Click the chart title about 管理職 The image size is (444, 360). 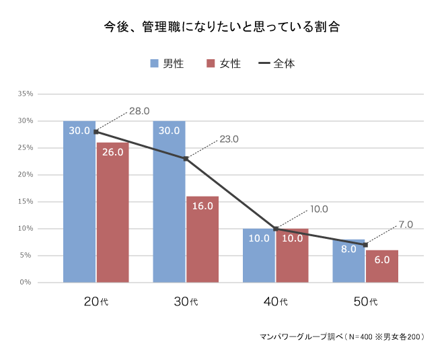pos(221,28)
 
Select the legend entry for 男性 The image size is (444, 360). pos(166,63)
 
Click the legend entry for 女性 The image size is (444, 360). pos(223,63)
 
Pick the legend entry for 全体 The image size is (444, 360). pos(276,63)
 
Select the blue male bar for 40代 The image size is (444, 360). pos(259,259)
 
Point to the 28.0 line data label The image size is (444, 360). pos(139,111)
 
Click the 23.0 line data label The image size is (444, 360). pos(229,139)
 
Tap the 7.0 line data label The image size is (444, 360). pos(405,224)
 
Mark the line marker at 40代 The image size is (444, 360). pos(276,229)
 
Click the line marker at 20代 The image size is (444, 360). pos(96,132)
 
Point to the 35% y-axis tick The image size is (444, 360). pos(26,94)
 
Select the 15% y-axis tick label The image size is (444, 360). pos(26,202)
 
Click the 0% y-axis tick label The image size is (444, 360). pos(27,283)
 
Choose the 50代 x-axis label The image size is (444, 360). pos(365,301)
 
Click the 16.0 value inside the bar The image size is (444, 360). pos(202,206)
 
